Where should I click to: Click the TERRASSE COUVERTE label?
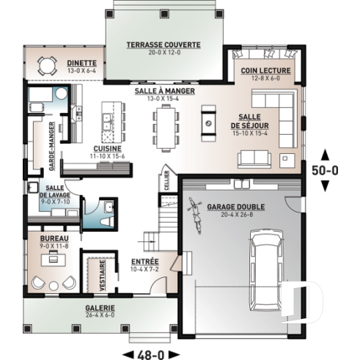[162, 45]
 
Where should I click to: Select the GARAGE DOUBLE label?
[236, 206]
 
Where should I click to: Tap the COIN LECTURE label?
[266, 71]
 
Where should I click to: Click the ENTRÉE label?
[144, 262]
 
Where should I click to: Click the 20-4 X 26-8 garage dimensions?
[236, 215]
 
